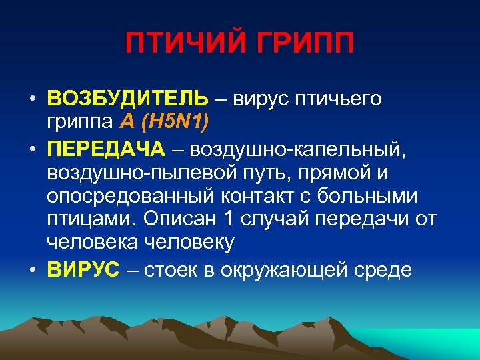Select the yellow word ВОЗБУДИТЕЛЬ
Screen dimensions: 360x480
click(127, 99)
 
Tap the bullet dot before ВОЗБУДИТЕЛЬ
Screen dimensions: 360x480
click(32, 99)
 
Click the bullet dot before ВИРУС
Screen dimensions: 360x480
click(32, 269)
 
